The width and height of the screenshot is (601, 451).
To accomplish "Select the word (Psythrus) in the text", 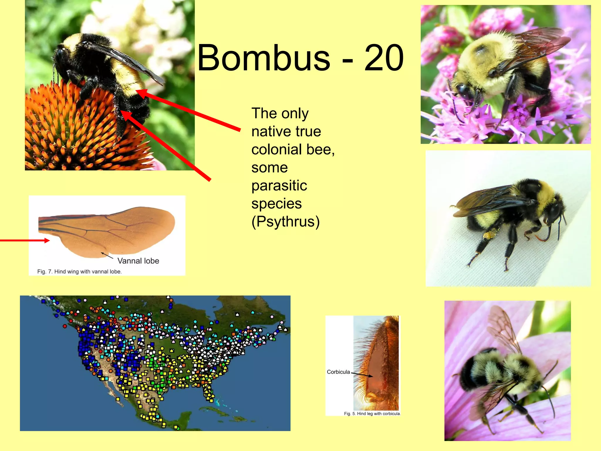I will [x=285, y=222].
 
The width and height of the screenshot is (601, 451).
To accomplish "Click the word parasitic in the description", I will [x=279, y=186].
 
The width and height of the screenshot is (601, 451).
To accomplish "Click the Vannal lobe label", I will [x=138, y=261].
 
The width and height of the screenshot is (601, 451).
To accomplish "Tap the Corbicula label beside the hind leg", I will [x=338, y=372].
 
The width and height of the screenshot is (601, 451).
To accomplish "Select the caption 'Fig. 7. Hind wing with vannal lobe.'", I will [x=79, y=272].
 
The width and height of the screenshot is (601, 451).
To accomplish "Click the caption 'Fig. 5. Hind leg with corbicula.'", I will [x=372, y=414].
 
